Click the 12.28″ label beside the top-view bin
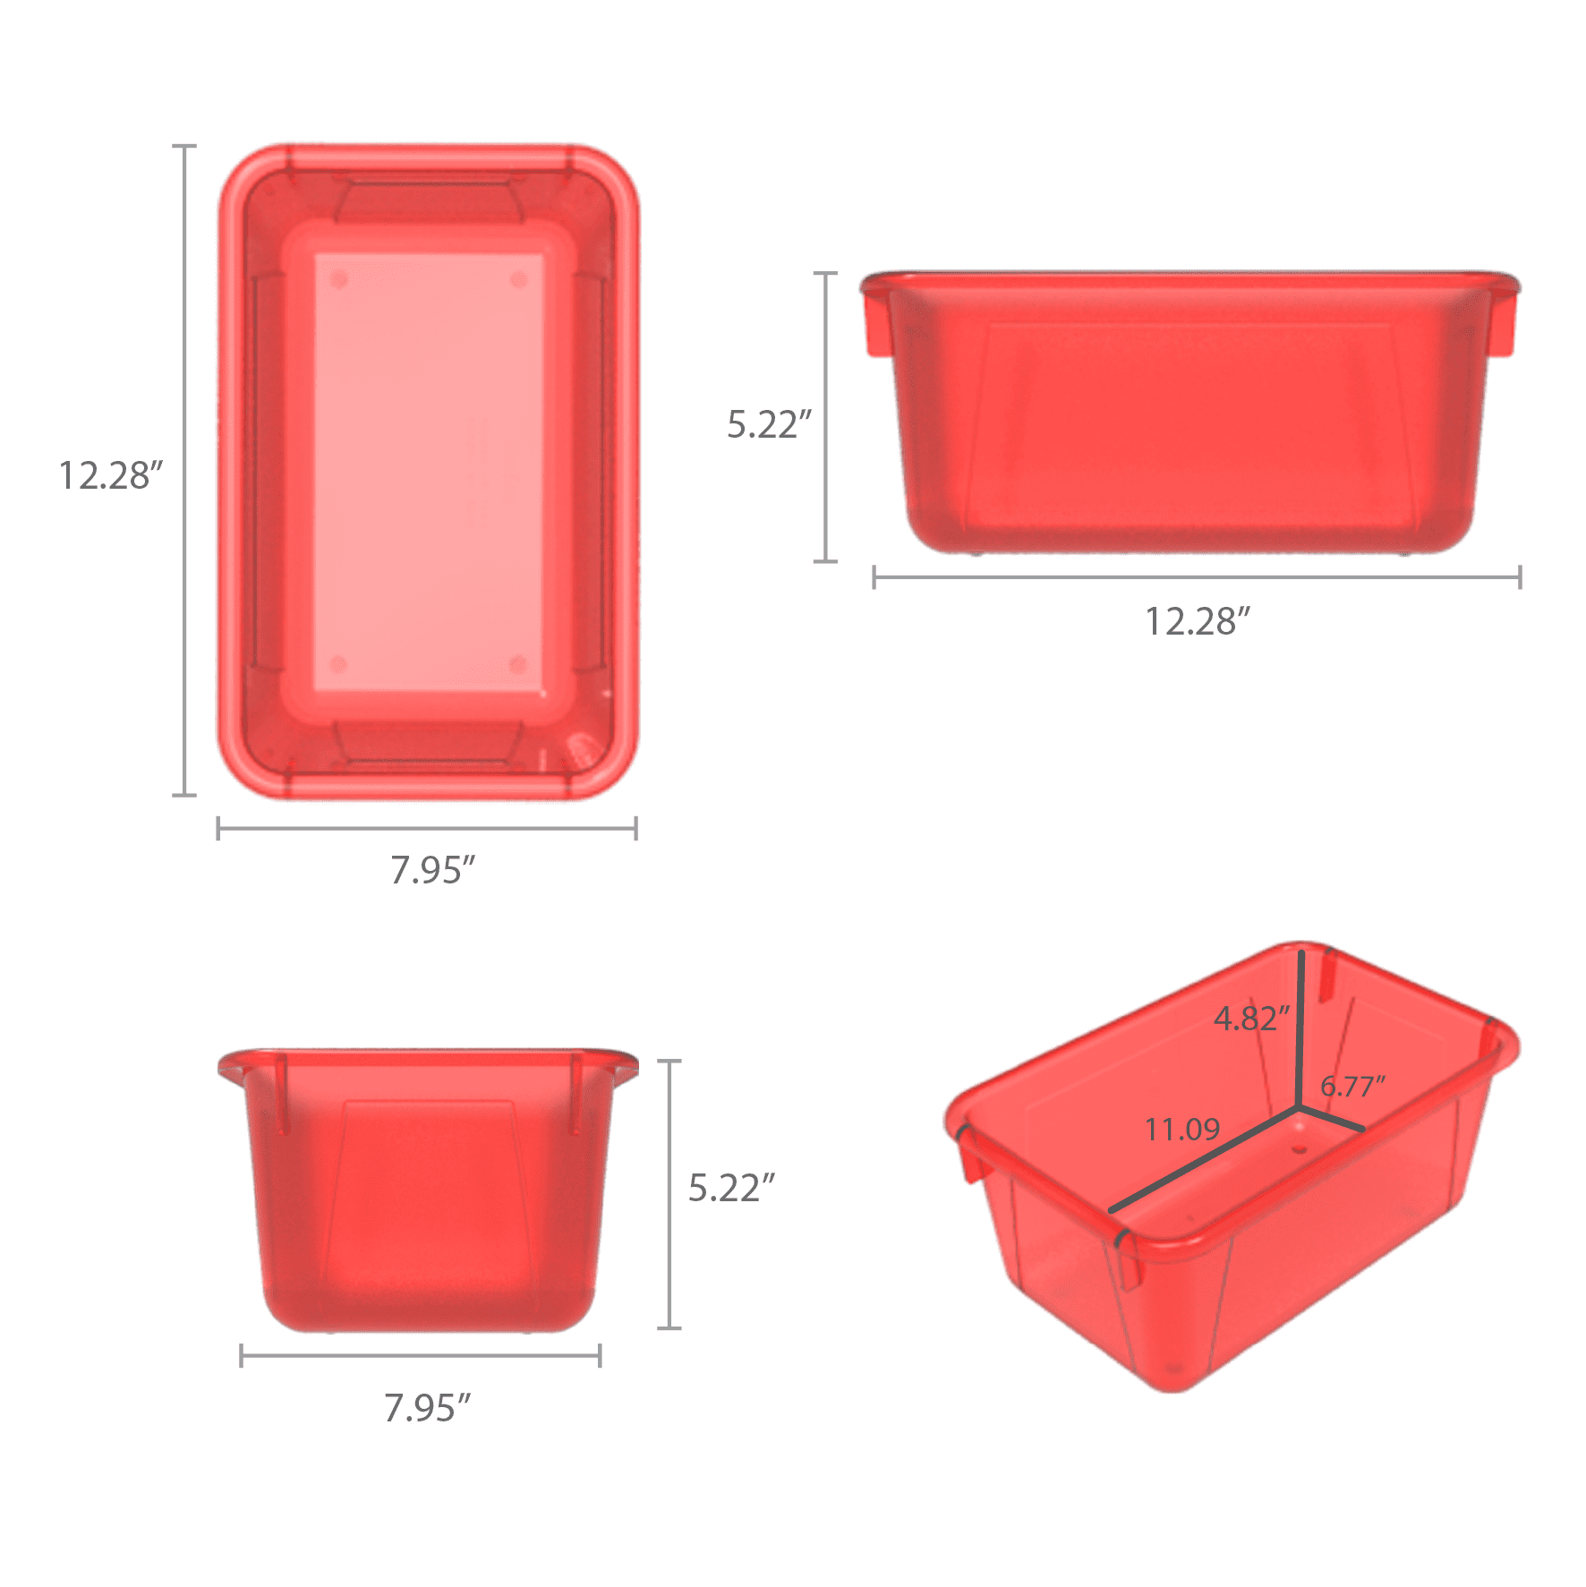[x=111, y=475]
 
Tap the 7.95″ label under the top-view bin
[x=432, y=870]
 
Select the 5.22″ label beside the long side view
[x=769, y=424]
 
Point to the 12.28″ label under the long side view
[x=1198, y=621]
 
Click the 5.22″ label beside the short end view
[x=731, y=1188]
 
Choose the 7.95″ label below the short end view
[x=427, y=1408]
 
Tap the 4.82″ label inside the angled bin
[x=1251, y=1018]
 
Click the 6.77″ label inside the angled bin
[x=1352, y=1086]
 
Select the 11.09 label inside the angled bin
[x=1182, y=1129]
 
